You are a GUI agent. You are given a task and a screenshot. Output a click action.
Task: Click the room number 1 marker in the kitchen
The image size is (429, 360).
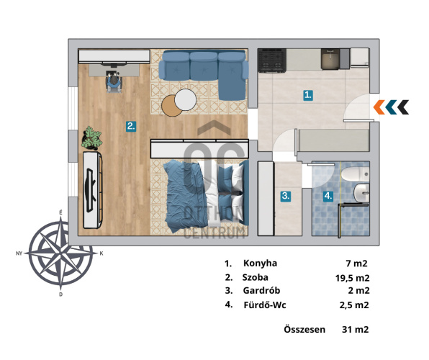[x=308, y=95]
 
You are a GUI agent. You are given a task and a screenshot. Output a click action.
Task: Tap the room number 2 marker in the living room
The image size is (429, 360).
[x=131, y=127]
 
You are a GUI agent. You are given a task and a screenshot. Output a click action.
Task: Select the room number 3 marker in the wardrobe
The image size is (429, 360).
[x=286, y=196]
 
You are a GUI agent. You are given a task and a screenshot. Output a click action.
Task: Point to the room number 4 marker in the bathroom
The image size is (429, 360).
[x=328, y=196]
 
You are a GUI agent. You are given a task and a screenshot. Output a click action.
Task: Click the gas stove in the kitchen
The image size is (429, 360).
[x=272, y=60]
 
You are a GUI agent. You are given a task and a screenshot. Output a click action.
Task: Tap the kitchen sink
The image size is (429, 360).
[x=330, y=59]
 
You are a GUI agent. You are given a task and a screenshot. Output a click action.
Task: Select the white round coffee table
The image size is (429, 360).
[x=186, y=100]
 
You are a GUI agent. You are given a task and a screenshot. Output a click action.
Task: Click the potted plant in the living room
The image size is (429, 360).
[x=91, y=138]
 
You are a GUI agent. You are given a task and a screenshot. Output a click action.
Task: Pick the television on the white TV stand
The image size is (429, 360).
[x=91, y=191]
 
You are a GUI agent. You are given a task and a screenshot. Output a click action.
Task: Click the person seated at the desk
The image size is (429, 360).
[x=114, y=81]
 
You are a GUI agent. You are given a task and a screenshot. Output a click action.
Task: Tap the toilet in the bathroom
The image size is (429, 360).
[x=356, y=174]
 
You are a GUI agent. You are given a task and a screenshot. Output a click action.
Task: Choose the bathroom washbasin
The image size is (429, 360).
[x=361, y=193]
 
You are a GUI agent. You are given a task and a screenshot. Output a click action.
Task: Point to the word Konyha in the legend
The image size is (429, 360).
[x=260, y=264]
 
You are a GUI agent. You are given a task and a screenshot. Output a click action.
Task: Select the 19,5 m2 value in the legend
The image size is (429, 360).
[x=353, y=278]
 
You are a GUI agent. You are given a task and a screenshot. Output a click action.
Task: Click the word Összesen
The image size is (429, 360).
[x=304, y=329]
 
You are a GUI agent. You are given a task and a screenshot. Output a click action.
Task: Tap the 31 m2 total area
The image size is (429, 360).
[x=355, y=329]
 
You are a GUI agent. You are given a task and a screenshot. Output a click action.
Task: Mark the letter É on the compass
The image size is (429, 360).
[x=60, y=212]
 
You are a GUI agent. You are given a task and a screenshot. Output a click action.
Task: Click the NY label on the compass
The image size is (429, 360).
[x=19, y=253]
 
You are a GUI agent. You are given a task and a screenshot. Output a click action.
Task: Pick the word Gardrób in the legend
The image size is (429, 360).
[x=261, y=290]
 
